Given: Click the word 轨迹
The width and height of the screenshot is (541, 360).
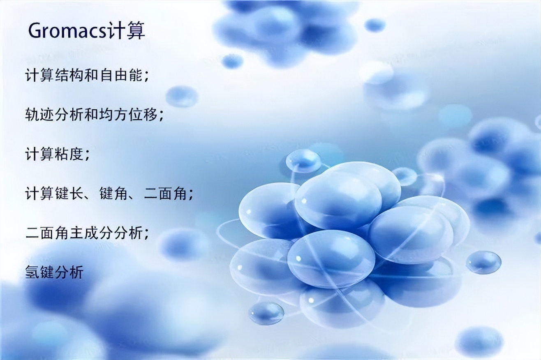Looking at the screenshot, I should (x=39, y=115).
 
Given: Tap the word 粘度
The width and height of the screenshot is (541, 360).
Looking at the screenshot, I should (x=69, y=154).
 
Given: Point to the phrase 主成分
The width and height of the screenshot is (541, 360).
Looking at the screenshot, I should (x=92, y=233).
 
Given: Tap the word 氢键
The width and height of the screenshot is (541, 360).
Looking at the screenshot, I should (x=39, y=272).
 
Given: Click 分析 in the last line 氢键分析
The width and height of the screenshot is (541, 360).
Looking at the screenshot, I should (x=69, y=272).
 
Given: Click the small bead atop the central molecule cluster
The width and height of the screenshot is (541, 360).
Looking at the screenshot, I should (x=303, y=160).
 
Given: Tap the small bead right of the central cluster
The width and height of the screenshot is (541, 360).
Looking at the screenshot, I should (x=483, y=262).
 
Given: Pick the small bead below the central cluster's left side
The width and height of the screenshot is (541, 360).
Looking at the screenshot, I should (x=266, y=313).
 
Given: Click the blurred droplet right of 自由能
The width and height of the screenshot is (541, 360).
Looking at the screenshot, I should (x=182, y=96).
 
